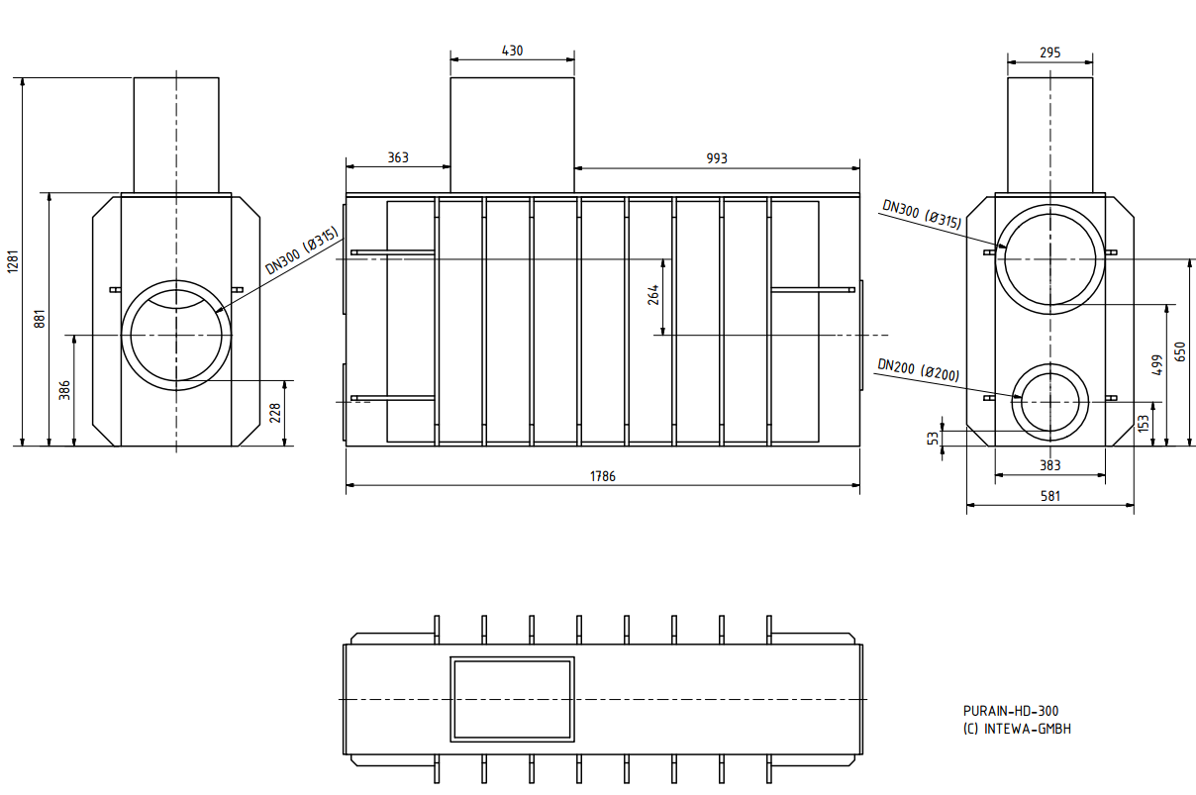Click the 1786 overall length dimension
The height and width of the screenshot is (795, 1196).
pyautogui.click(x=602, y=476)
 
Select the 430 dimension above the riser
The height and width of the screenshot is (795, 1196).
pyautogui.click(x=512, y=50)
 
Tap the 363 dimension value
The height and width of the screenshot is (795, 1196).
pyautogui.click(x=397, y=157)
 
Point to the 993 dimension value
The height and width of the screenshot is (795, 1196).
pyautogui.click(x=717, y=157)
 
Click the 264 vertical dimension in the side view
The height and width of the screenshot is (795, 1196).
pyautogui.click(x=653, y=295)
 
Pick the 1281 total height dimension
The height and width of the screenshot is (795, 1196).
pyautogui.click(x=12, y=262)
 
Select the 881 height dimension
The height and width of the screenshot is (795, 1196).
pyautogui.click(x=40, y=319)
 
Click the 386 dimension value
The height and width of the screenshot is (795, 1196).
pyautogui.click(x=65, y=390)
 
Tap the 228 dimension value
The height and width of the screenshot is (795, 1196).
pyautogui.click(x=275, y=413)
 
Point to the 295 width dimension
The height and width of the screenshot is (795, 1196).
pyautogui.click(x=1050, y=52)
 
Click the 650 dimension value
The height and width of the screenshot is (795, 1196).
pyautogui.click(x=1179, y=352)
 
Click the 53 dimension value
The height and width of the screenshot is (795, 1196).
pyautogui.click(x=933, y=437)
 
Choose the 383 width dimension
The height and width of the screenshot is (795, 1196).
pyautogui.click(x=1050, y=465)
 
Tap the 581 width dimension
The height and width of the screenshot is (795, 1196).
pyautogui.click(x=1050, y=496)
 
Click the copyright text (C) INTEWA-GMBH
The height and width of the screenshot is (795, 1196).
pyautogui.click(x=1017, y=729)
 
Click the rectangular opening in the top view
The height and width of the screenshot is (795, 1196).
pyautogui.click(x=512, y=699)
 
